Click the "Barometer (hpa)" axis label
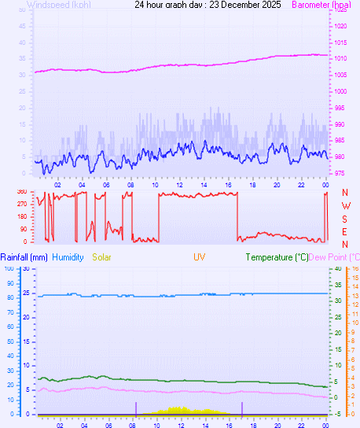(x=321, y=5)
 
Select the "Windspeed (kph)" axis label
(x=58, y=5)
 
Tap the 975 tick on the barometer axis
(x=339, y=173)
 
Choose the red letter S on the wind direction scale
(x=345, y=219)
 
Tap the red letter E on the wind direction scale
(x=345, y=231)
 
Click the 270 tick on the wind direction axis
(x=21, y=204)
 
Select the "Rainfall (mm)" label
(x=24, y=257)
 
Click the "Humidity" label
(x=68, y=257)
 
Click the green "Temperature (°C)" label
(x=277, y=257)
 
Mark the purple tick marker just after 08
(x=136, y=408)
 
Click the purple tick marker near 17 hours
(x=242, y=408)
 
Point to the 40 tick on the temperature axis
(x=338, y=268)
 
